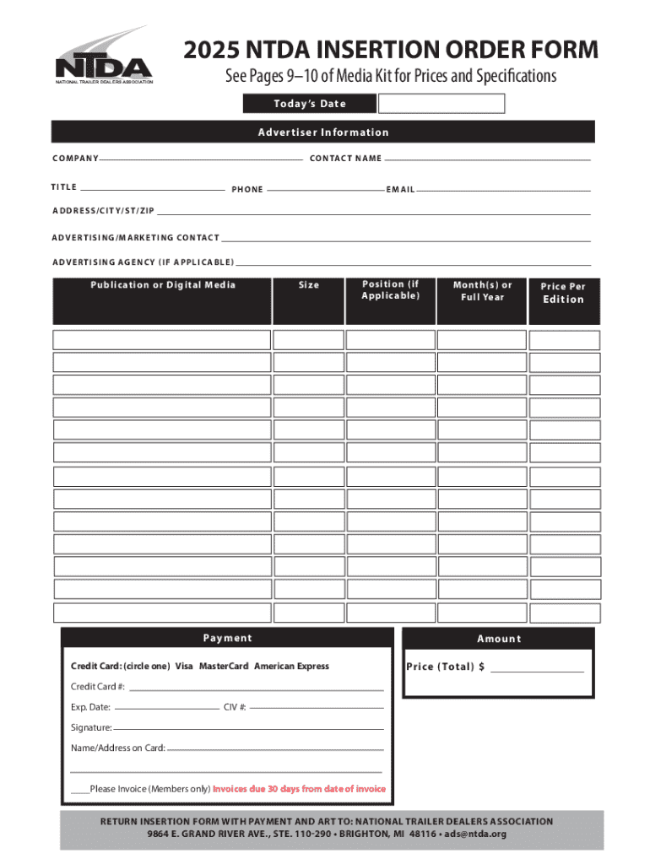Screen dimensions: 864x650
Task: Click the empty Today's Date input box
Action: point(441,104)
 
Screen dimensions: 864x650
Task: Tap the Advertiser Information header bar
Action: point(322,132)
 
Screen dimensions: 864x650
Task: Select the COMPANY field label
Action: point(75,159)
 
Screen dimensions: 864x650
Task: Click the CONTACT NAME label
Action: point(345,159)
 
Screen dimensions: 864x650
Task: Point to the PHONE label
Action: point(247,190)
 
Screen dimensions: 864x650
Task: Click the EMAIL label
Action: point(400,190)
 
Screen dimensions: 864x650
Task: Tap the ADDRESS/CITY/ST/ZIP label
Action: point(103,210)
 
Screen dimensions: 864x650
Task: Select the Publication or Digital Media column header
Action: point(163,285)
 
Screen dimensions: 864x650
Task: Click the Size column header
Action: point(309,285)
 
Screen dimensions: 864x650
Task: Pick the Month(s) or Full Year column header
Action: point(482,291)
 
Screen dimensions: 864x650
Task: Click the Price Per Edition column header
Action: point(563,293)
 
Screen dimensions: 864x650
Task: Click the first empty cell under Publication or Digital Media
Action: point(161,340)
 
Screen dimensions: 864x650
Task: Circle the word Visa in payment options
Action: point(184,667)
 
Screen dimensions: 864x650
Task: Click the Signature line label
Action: point(91,727)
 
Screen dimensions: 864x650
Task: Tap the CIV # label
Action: point(235,707)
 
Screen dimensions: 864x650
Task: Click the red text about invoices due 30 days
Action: point(299,789)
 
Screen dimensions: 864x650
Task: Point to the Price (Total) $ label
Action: point(445,667)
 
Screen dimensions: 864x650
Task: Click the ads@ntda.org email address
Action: point(475,834)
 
